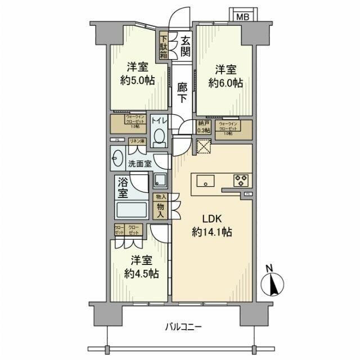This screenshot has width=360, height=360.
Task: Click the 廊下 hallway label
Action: (x=181, y=92)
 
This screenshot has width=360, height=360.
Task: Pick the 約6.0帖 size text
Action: (x=225, y=83)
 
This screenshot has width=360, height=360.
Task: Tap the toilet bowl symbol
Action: (x=159, y=136)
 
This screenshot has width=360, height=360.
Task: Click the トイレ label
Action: (x=159, y=121)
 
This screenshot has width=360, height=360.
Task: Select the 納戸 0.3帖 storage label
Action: (x=204, y=127)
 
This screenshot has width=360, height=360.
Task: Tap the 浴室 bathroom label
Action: (x=123, y=188)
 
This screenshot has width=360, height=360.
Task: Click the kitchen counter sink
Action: (x=206, y=181)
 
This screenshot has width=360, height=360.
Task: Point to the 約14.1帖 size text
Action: (x=211, y=232)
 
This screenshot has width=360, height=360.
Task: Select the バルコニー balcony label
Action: (x=184, y=327)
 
